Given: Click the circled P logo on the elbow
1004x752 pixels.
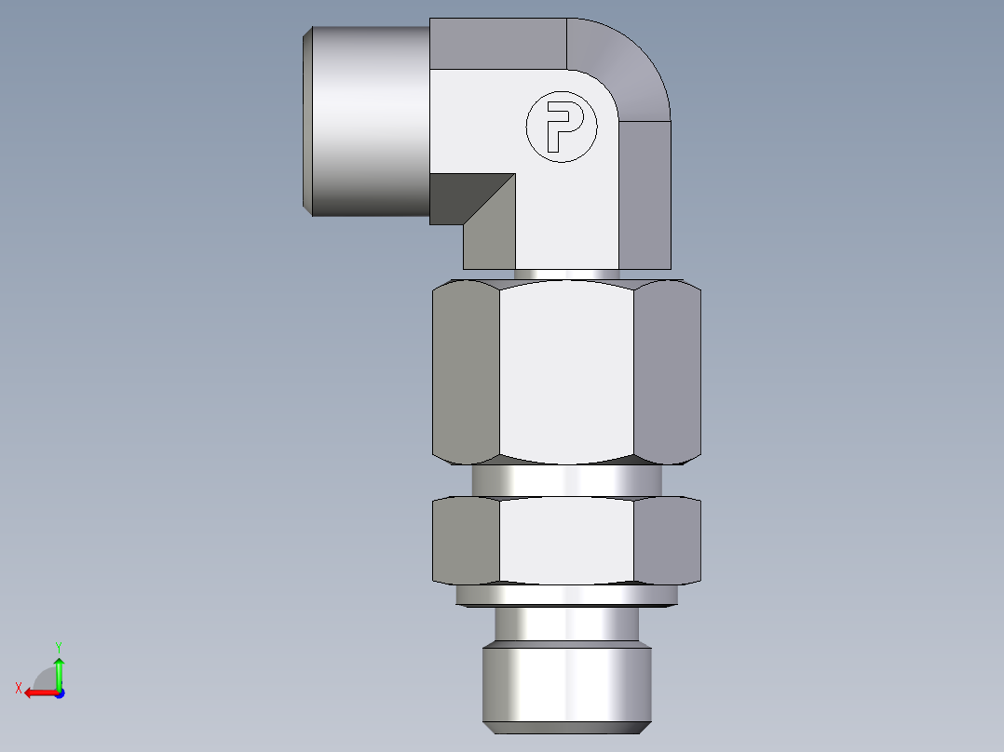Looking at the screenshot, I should coord(562,127).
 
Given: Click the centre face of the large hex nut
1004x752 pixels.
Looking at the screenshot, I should coord(566,372).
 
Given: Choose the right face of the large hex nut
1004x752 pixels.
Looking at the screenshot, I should coord(667,372).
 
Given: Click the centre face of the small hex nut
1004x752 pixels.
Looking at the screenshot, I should coord(566,542).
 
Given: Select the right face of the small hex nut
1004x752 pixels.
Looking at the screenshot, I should coord(667,542).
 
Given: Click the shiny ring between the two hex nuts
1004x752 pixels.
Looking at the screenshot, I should coord(566,480).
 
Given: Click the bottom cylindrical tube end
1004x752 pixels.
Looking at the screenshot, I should coord(566,687).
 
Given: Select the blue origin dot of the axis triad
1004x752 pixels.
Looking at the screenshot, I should coord(59,692).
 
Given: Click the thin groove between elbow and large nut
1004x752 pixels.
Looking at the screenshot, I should coord(566,275).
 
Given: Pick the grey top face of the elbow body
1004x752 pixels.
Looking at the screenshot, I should coord(498,42).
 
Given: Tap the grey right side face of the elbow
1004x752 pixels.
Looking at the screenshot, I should coord(644,195).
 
